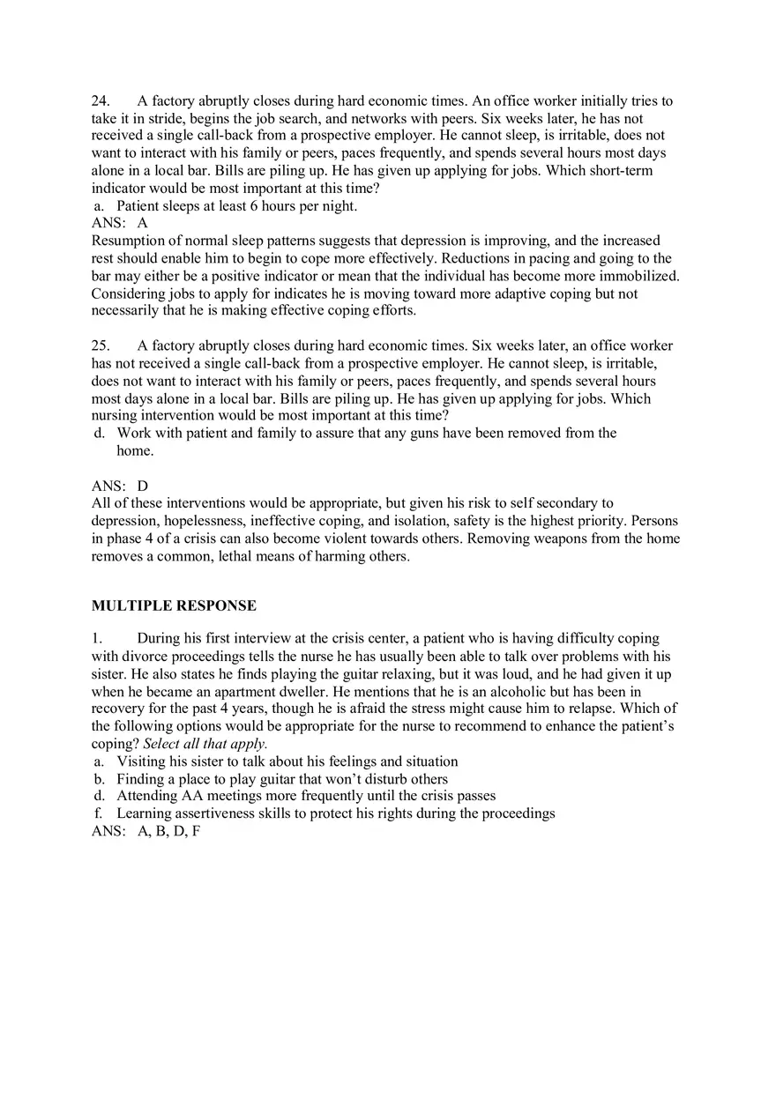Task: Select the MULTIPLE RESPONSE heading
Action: [x=174, y=606]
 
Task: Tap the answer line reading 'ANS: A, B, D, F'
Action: [x=146, y=831]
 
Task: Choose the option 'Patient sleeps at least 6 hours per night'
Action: [x=236, y=206]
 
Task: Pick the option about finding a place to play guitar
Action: [x=282, y=779]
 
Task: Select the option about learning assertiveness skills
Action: [x=335, y=813]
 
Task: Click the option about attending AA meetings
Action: [x=306, y=796]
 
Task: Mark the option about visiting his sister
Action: [x=287, y=761]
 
